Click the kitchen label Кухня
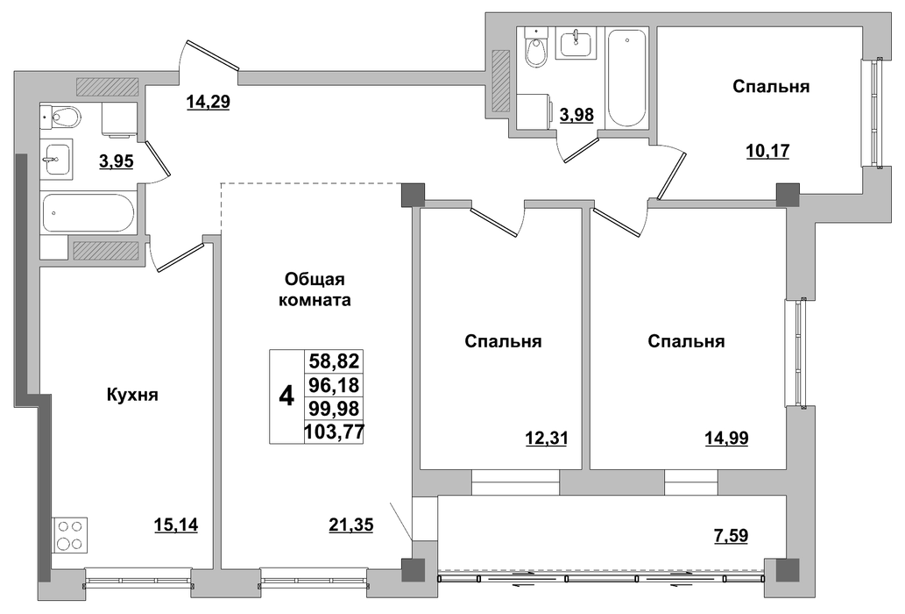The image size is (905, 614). (x=133, y=395)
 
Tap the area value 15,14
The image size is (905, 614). (x=176, y=525)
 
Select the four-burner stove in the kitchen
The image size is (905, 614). (x=70, y=535)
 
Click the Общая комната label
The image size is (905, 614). (x=315, y=290)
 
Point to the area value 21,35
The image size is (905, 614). (x=351, y=525)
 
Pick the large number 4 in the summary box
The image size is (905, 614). (x=286, y=396)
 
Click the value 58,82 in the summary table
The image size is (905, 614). (x=334, y=361)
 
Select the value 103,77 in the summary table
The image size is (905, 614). (x=334, y=432)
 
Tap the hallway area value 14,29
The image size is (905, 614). (x=209, y=102)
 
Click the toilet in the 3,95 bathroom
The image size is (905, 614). (x=60, y=117)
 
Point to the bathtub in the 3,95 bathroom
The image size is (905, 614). (x=88, y=213)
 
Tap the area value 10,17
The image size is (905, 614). (x=768, y=152)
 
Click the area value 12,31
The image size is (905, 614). (x=547, y=439)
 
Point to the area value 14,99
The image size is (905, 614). (x=726, y=439)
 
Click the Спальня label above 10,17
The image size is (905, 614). (x=771, y=87)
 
